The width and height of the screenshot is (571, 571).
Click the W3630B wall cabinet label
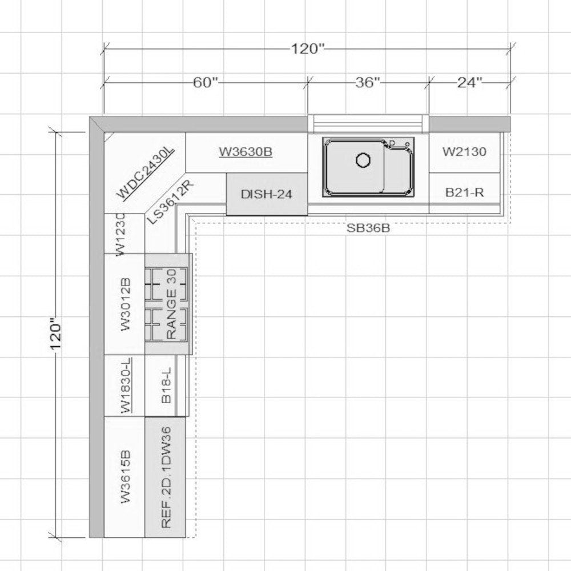click(x=246, y=151)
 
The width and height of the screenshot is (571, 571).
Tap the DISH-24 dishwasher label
click(x=266, y=194)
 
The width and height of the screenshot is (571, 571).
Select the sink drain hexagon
click(x=363, y=160)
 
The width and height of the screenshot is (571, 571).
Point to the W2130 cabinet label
click(x=464, y=151)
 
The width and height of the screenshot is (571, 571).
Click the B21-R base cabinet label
click(x=464, y=192)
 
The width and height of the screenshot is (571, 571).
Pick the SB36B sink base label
click(x=368, y=228)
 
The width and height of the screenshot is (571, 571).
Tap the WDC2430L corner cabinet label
click(x=146, y=172)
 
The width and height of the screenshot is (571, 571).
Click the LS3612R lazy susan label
click(x=170, y=202)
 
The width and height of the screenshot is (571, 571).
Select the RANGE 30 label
click(x=171, y=304)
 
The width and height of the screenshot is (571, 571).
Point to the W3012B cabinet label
click(x=125, y=304)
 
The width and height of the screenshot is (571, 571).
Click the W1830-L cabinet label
click(x=126, y=385)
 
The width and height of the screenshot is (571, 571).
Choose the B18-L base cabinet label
click(x=166, y=385)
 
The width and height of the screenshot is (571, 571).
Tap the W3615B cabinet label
click(x=125, y=477)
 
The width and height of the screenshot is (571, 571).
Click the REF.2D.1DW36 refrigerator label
click(x=166, y=477)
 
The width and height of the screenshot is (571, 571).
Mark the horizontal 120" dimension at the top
click(x=307, y=49)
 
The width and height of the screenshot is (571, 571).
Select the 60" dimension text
click(x=206, y=83)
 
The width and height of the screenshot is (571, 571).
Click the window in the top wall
click(x=368, y=123)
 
